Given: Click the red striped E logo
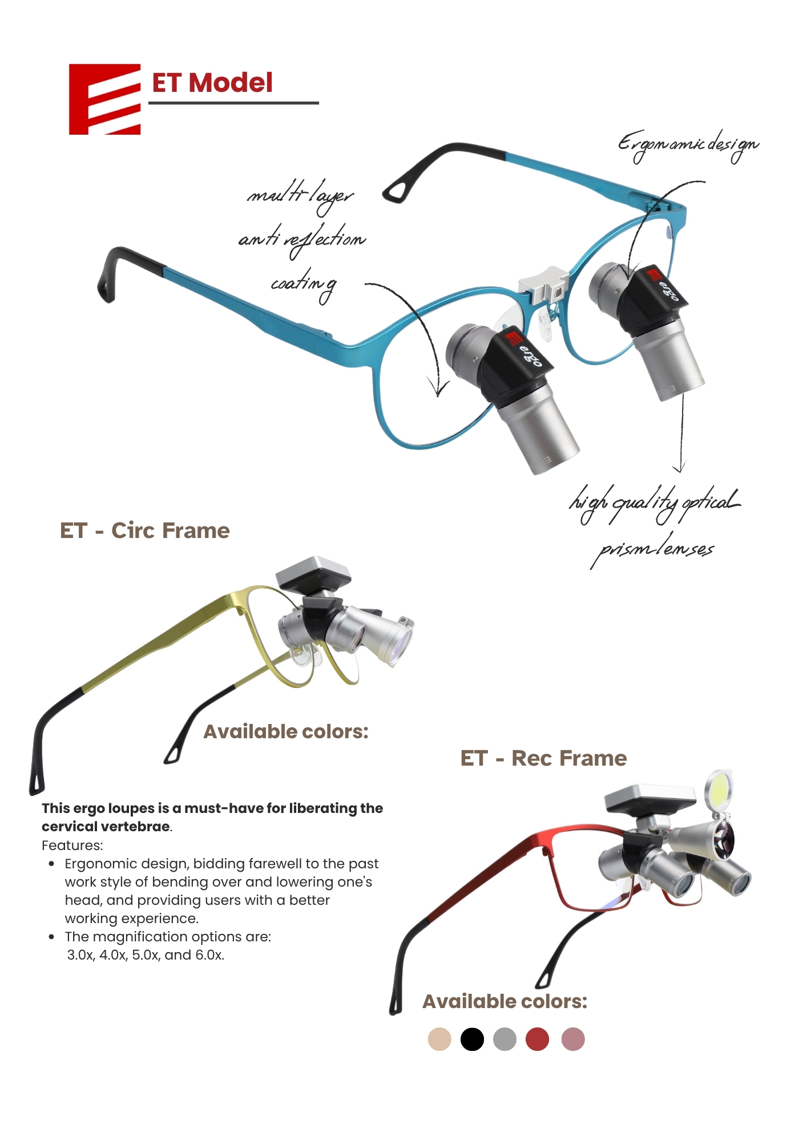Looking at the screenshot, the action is (x=104, y=99).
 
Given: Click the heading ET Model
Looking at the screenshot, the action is (x=212, y=83).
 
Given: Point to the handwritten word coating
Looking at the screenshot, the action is (x=304, y=285).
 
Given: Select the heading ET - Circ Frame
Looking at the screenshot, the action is (x=145, y=531).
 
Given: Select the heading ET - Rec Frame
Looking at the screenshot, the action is (x=544, y=758).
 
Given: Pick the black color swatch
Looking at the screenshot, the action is (x=472, y=1039).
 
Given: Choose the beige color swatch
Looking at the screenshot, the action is (x=439, y=1039).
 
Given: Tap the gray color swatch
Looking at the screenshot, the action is (x=505, y=1039).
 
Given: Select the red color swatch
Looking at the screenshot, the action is (x=537, y=1039).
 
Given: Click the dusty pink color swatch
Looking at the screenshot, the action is (x=573, y=1039).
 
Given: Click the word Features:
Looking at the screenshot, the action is (x=72, y=845).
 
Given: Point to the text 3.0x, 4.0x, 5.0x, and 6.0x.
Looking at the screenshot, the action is (x=146, y=955).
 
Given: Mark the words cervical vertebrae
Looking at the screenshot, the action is (x=106, y=827).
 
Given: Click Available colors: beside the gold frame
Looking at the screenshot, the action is (x=286, y=731).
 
